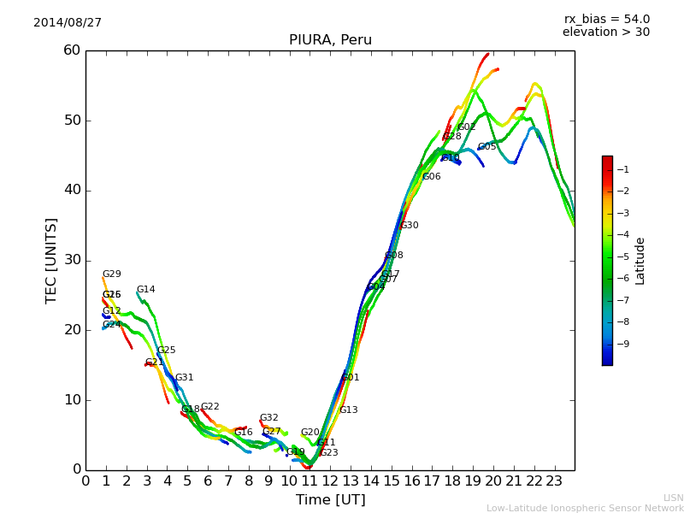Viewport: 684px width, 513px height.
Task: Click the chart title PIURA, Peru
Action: tap(330, 40)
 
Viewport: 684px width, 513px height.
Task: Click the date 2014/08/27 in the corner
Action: tap(68, 23)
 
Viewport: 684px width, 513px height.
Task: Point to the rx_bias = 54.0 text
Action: tap(606, 20)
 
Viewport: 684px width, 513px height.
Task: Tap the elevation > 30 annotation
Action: tap(606, 32)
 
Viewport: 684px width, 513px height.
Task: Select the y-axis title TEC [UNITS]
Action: tap(51, 260)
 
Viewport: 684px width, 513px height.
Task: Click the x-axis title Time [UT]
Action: tap(330, 500)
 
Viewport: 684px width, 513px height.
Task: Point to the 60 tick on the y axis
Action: tap(71, 50)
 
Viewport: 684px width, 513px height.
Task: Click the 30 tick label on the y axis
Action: tap(71, 260)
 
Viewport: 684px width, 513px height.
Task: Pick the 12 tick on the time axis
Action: tap(330, 481)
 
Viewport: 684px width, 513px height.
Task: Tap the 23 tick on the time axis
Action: tap(554, 481)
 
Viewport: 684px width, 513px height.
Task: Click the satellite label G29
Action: tap(112, 274)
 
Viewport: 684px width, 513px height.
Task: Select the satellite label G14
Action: tap(146, 290)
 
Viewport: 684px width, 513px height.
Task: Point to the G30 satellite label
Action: tap(410, 226)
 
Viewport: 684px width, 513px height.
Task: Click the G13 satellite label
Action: tap(349, 410)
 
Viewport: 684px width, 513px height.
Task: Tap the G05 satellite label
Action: tap(487, 147)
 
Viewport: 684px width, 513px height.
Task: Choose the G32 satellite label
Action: tap(269, 418)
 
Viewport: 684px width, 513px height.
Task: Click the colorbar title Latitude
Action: tap(640, 261)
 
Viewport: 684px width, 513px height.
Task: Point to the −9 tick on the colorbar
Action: tap(622, 345)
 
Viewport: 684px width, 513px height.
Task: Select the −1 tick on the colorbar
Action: tap(622, 169)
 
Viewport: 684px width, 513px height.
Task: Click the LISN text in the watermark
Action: tap(674, 498)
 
